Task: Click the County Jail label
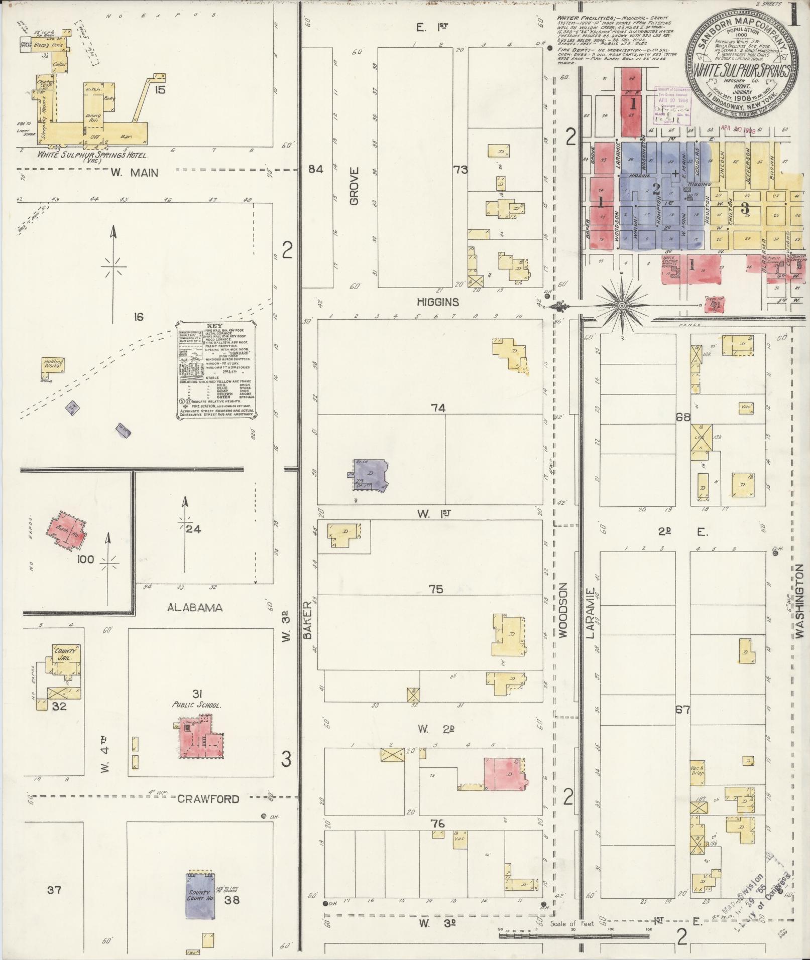click(64, 653)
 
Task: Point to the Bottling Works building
click(52, 364)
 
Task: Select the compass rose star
click(621, 305)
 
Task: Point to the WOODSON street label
click(562, 610)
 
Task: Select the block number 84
click(315, 170)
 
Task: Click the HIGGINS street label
click(437, 302)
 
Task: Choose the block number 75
click(435, 589)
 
